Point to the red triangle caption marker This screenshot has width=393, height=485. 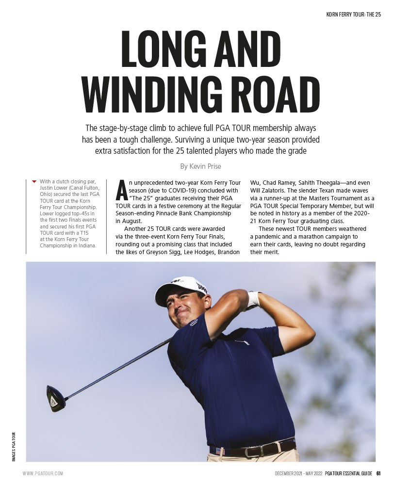point(34,181)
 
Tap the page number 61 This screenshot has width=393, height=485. point(378,473)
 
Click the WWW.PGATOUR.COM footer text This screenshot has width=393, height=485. point(43,473)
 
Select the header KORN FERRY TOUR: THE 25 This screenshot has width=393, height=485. point(354,15)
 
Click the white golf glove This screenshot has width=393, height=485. point(253,299)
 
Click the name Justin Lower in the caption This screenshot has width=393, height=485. point(68,189)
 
